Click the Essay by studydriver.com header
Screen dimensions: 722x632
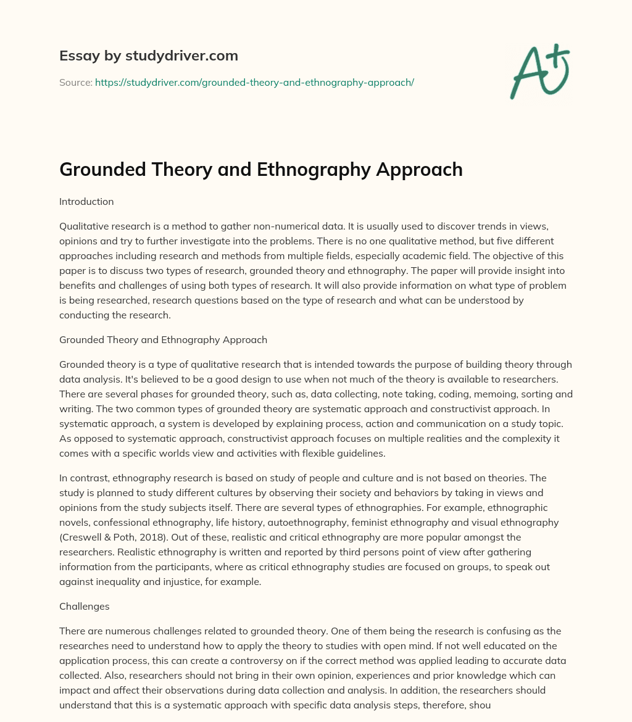click(x=148, y=56)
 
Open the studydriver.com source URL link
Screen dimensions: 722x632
click(x=254, y=82)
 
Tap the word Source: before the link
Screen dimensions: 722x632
click(x=75, y=82)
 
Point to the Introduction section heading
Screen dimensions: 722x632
click(x=86, y=201)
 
